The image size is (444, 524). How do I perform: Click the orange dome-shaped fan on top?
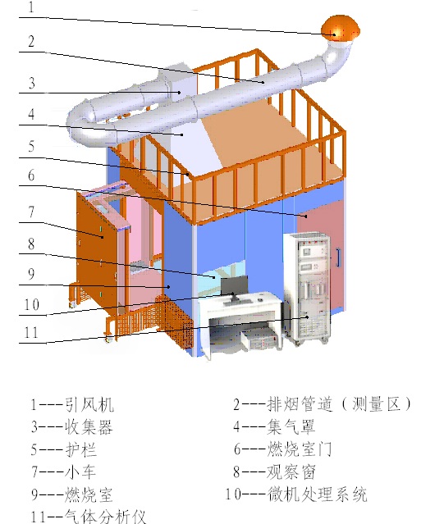tap(341, 28)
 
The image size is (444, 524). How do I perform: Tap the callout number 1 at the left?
tap(31, 7)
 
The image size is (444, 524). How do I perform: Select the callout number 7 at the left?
tap(31, 212)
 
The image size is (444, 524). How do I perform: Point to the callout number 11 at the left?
tap(31, 332)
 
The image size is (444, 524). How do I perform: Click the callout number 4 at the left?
tap(31, 114)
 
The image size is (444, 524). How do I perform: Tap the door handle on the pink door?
tap(338, 257)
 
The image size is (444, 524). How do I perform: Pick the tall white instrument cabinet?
tap(307, 288)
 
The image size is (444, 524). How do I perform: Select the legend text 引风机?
tap(89, 404)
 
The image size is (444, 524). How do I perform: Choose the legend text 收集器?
tap(89, 426)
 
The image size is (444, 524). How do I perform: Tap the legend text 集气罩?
tap(291, 426)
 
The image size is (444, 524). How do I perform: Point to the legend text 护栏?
tap(81, 449)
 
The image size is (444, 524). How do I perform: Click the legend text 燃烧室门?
tap(300, 449)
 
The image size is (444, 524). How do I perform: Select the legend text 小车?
tap(80, 472)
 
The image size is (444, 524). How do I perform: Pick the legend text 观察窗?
tap(291, 472)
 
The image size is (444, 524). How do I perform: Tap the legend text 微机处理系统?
tap(317, 494)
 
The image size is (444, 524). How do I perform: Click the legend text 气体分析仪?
tap(105, 516)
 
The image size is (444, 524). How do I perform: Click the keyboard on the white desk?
tap(237, 303)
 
